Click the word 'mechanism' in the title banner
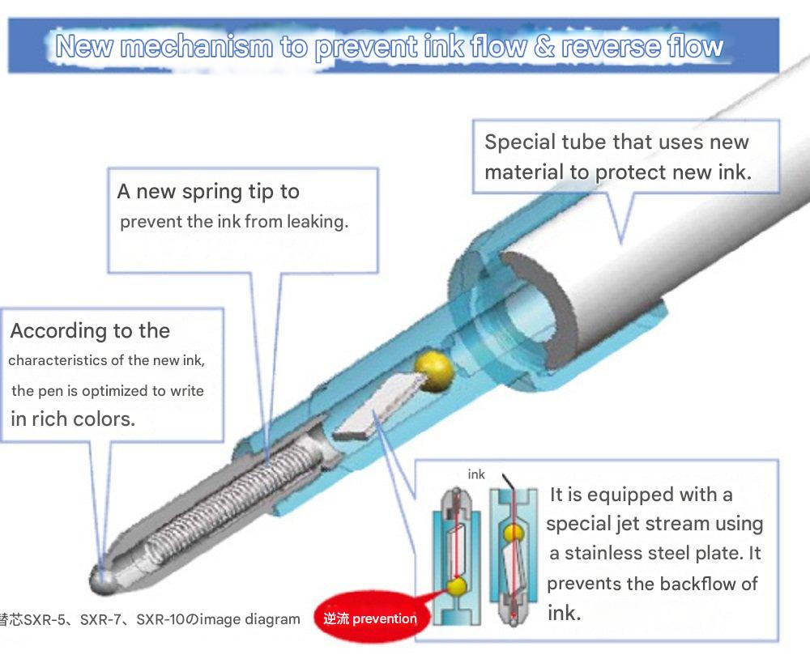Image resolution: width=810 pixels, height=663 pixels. coord(197,47)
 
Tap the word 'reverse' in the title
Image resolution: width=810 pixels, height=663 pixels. coord(610,46)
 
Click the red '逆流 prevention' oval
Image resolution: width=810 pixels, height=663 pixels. coord(372,618)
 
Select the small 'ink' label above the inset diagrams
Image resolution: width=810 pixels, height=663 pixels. coord(475,474)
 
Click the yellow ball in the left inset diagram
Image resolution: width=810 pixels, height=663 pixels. coord(457,586)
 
